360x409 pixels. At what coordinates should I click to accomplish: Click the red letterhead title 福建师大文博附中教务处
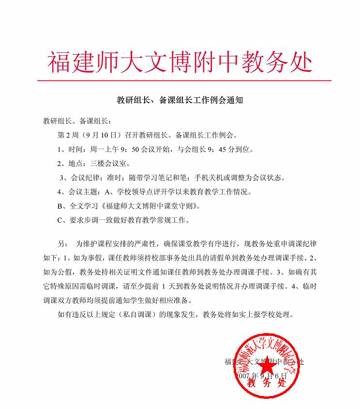point(180,61)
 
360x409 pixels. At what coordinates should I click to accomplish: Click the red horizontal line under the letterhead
point(184,80)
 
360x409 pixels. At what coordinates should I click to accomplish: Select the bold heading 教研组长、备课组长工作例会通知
point(180,101)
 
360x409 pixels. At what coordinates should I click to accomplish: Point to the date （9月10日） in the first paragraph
point(100,134)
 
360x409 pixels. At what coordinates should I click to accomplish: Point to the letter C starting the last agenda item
point(60,221)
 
